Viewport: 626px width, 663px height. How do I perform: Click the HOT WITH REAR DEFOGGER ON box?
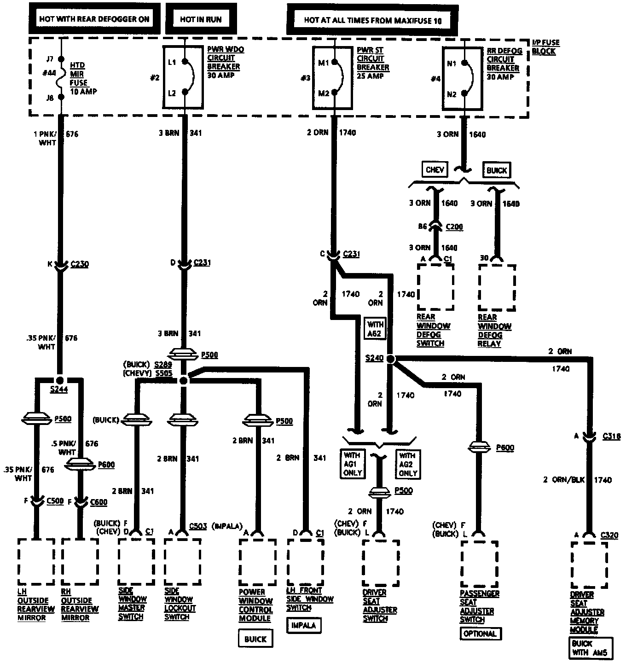pyautogui.click(x=94, y=19)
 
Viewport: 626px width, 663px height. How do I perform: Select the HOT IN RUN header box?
pyautogui.click(x=201, y=19)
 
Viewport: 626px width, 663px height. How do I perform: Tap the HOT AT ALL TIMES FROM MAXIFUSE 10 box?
pyautogui.click(x=372, y=20)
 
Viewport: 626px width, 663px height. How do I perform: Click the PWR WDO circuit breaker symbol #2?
pyautogui.click(x=184, y=77)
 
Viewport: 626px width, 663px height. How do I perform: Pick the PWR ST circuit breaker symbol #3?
pyautogui.click(x=335, y=78)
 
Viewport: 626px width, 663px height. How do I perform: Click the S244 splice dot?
pyautogui.click(x=59, y=380)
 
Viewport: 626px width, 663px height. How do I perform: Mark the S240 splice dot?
pyautogui.click(x=390, y=359)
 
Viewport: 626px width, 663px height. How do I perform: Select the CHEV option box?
pyautogui.click(x=435, y=170)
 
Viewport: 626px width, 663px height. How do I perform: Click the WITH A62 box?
pyautogui.click(x=374, y=328)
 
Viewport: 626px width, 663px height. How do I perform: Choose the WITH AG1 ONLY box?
pyautogui.click(x=352, y=464)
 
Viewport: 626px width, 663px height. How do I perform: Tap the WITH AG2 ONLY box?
pyautogui.click(x=407, y=464)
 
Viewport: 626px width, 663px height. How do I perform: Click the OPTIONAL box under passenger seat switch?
pyautogui.click(x=480, y=634)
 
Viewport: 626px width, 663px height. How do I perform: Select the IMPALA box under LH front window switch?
pyautogui.click(x=304, y=625)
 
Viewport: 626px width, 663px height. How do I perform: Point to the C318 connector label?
pyautogui.click(x=611, y=436)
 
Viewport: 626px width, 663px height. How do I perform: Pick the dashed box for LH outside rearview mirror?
pyautogui.click(x=36, y=561)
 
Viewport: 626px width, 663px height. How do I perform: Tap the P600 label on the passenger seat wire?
pyautogui.click(x=505, y=448)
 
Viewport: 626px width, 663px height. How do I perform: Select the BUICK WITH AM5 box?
pyautogui.click(x=590, y=647)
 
